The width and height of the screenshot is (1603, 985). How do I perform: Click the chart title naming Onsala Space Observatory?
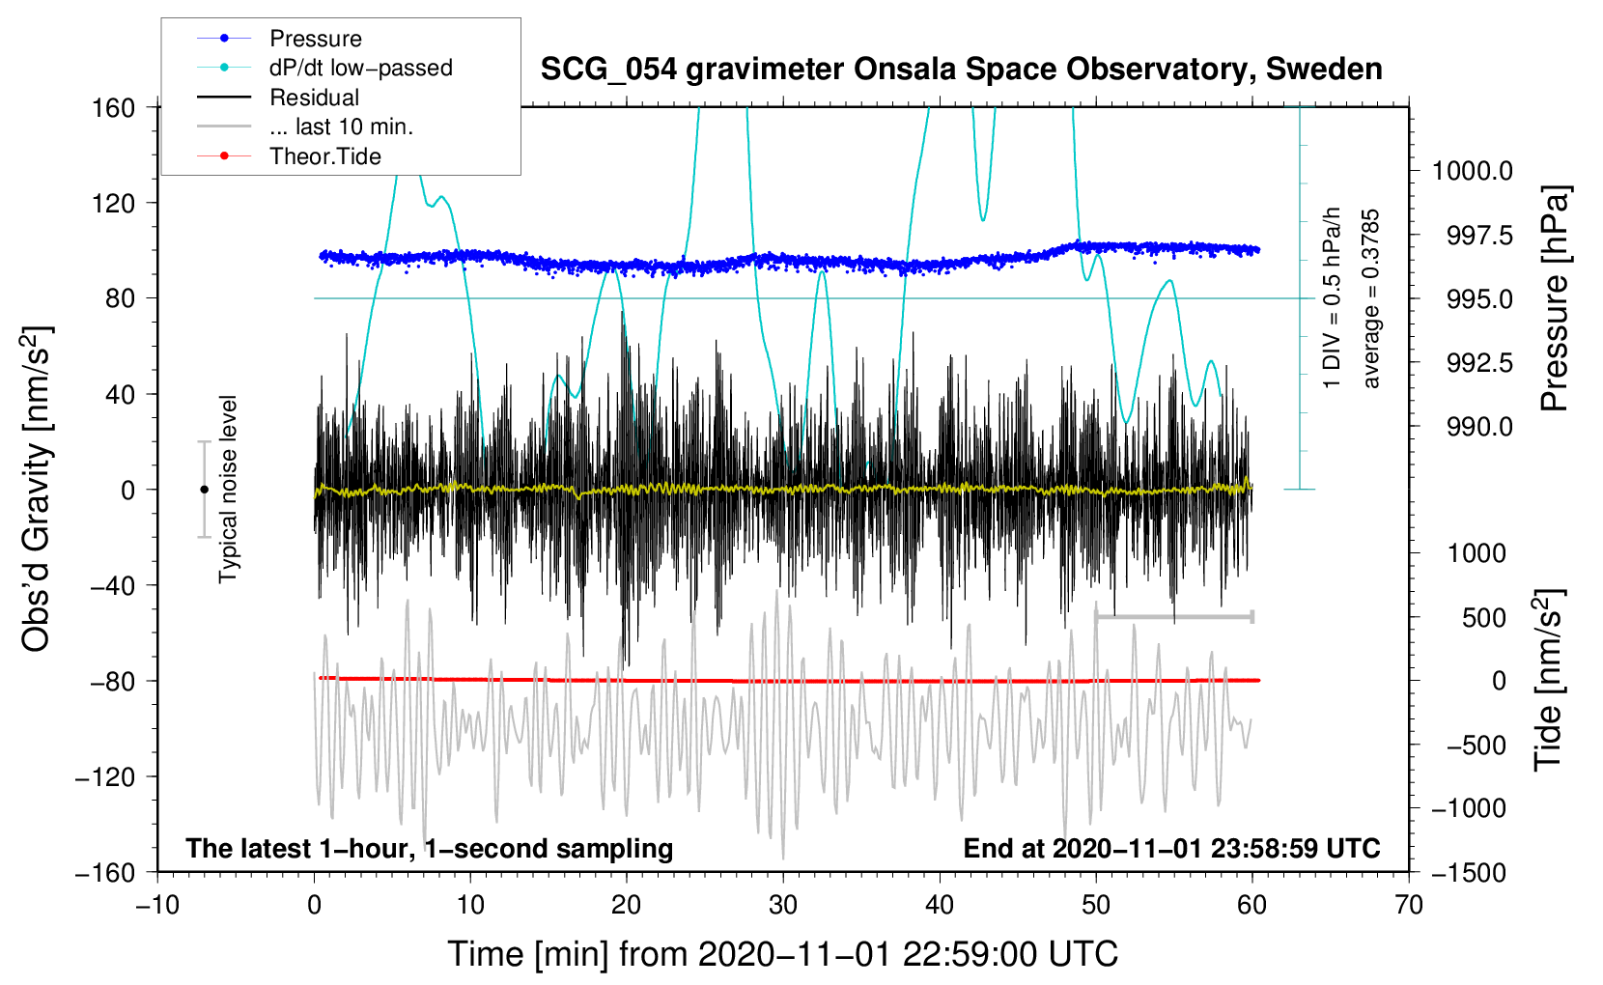(x=961, y=70)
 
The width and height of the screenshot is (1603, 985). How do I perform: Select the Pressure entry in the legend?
(x=315, y=39)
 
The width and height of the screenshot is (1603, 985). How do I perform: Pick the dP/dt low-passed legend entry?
(x=360, y=68)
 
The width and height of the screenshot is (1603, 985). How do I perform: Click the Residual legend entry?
(x=314, y=98)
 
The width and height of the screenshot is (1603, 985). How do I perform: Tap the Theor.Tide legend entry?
(x=324, y=156)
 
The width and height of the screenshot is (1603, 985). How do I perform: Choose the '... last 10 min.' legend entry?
(x=341, y=127)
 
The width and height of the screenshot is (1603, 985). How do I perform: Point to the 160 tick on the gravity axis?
(x=114, y=107)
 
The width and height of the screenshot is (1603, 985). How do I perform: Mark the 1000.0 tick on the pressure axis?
(x=1472, y=171)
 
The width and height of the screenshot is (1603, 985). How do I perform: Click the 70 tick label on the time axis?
(x=1409, y=905)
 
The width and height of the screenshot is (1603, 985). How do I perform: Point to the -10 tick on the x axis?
(x=157, y=905)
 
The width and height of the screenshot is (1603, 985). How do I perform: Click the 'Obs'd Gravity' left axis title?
(x=37, y=489)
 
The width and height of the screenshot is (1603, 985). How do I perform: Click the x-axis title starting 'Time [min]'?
(x=782, y=954)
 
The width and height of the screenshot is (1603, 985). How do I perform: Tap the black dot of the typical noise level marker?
(x=204, y=490)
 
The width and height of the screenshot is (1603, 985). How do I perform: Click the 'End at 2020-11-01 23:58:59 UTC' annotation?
(x=1171, y=848)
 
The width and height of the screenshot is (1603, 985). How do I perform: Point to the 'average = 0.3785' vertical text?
(x=1371, y=299)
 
